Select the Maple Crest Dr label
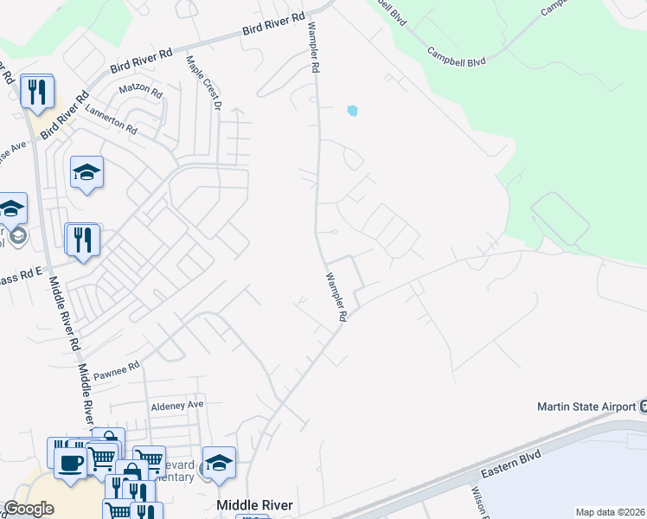click(205, 83)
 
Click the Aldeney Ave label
click(176, 404)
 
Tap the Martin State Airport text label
click(586, 407)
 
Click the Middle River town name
click(254, 505)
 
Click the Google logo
click(29, 509)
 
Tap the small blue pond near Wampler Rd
click(351, 111)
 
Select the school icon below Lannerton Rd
click(86, 173)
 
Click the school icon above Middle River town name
click(219, 463)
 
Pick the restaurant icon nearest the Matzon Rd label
click(36, 91)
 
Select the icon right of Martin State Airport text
click(643, 407)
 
